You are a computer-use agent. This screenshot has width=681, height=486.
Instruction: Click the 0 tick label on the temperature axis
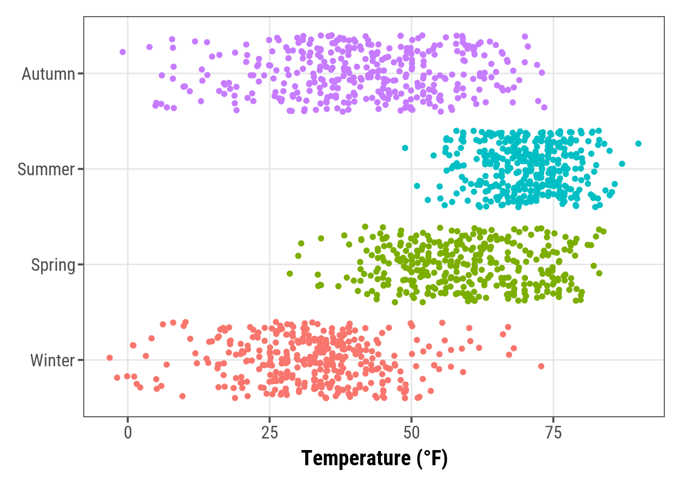pyautogui.click(x=128, y=432)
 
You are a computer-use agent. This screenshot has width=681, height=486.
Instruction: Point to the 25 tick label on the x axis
pyautogui.click(x=270, y=432)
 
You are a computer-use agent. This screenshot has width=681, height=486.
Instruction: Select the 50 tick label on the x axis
pyautogui.click(x=411, y=432)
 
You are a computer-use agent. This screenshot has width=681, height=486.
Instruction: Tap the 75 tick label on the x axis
pyautogui.click(x=553, y=432)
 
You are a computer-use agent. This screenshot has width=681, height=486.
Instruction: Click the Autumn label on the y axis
pyautogui.click(x=48, y=74)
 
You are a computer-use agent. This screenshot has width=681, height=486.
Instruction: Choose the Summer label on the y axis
pyautogui.click(x=46, y=169)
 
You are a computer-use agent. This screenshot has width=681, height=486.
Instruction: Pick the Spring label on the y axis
pyautogui.click(x=53, y=265)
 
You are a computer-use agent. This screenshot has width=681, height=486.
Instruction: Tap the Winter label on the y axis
pyautogui.click(x=52, y=360)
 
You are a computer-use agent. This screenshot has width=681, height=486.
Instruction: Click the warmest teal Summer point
pyautogui.click(x=638, y=144)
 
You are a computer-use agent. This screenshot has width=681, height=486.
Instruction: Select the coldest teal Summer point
pyautogui.click(x=405, y=148)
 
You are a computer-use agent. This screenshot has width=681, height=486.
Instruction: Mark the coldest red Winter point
pyautogui.click(x=109, y=358)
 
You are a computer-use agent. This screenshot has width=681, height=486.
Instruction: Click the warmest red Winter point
pyautogui.click(x=541, y=366)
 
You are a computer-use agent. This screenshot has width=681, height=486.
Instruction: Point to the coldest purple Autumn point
pyautogui.click(x=123, y=52)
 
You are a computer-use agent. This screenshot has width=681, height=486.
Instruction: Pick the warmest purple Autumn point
pyautogui.click(x=544, y=107)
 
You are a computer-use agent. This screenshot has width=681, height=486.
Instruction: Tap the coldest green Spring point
pyautogui.click(x=290, y=273)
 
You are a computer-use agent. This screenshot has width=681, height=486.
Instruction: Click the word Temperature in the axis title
pyautogui.click(x=356, y=458)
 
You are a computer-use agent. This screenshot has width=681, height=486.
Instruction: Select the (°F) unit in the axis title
pyautogui.click(x=432, y=458)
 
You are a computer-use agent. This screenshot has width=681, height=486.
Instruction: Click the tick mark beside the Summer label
pyautogui.click(x=81, y=169)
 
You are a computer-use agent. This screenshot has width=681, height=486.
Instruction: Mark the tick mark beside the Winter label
pyautogui.click(x=81, y=360)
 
